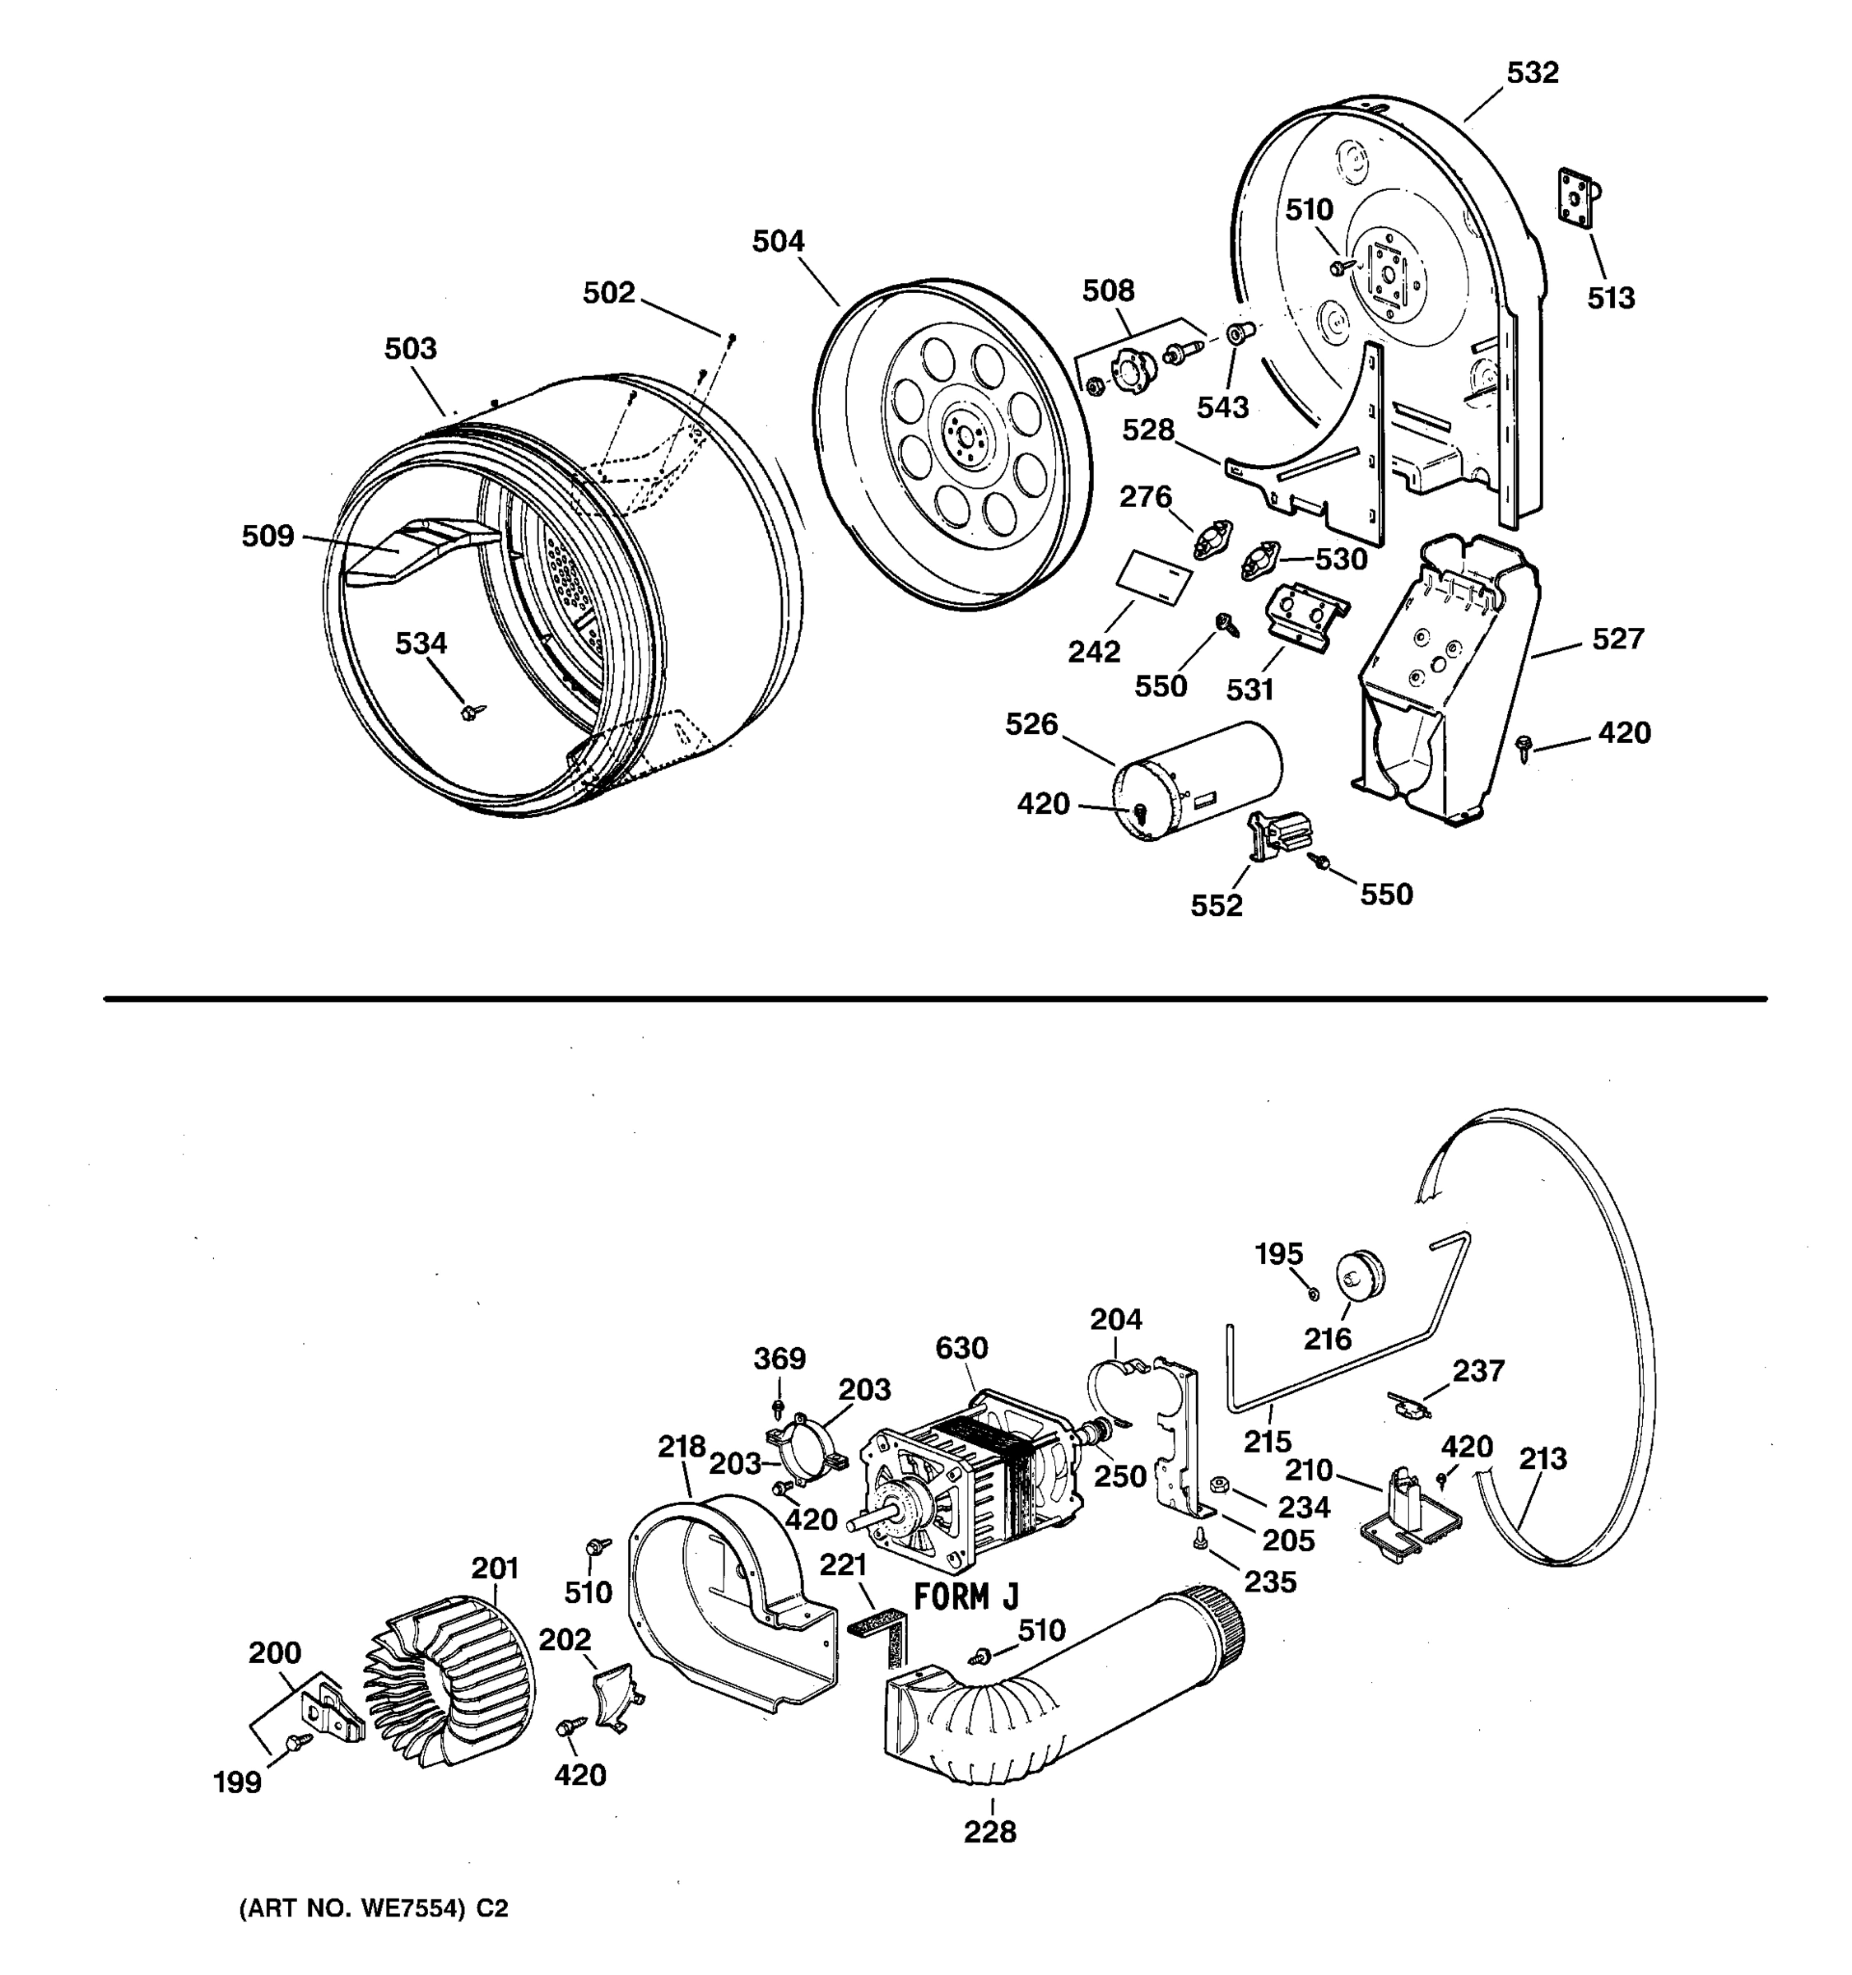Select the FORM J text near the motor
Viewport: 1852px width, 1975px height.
965,1597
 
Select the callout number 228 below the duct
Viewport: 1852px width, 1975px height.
989,1832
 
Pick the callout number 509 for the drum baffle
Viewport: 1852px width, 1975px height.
268,537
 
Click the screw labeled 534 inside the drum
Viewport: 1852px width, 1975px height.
471,711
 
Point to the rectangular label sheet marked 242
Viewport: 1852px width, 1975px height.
1152,579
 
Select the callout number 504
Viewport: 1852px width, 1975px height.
778,241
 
